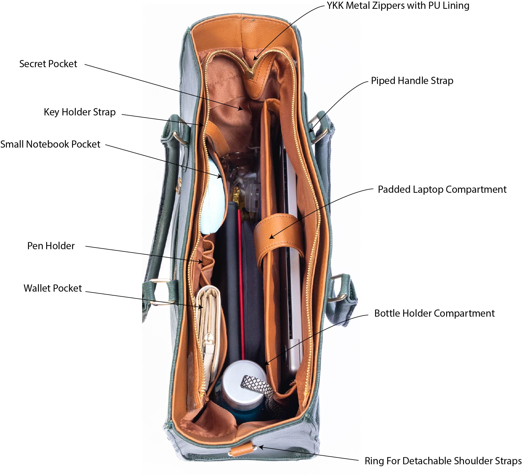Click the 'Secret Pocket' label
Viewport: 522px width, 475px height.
pyautogui.click(x=48, y=64)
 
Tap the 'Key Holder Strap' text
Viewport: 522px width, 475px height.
pyautogui.click(x=80, y=112)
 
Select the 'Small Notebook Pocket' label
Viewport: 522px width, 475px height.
pyautogui.click(x=50, y=144)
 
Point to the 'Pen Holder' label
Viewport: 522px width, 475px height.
pyautogui.click(x=51, y=246)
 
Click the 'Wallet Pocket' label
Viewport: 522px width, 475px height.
pyautogui.click(x=53, y=288)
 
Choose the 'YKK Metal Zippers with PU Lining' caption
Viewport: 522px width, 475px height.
pyautogui.click(x=398, y=6)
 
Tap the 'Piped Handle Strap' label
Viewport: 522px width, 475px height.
pyautogui.click(x=412, y=81)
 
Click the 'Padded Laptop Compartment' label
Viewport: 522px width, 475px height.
pyautogui.click(x=442, y=189)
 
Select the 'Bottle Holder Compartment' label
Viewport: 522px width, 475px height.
pyautogui.click(x=434, y=313)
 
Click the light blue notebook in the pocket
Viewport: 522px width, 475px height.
pyautogui.click(x=213, y=198)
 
